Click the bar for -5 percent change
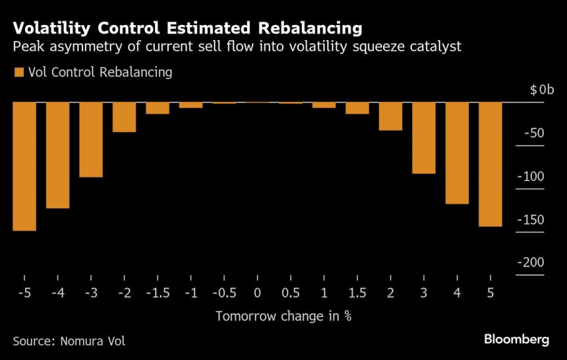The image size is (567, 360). pyautogui.click(x=24, y=166)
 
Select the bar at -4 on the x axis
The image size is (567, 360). pyautogui.click(x=57, y=155)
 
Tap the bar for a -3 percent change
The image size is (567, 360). pyautogui.click(x=91, y=139)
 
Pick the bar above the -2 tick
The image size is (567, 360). pyautogui.click(x=124, y=117)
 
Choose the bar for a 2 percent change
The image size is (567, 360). pyautogui.click(x=390, y=116)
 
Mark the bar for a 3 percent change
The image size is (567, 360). pyautogui.click(x=424, y=138)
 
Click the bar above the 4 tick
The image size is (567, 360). pyautogui.click(x=457, y=153)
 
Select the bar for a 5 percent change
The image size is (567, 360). pyautogui.click(x=491, y=164)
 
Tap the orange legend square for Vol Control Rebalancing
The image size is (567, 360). pyautogui.click(x=18, y=72)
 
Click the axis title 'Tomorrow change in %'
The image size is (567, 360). pyautogui.click(x=283, y=316)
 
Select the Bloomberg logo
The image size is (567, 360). pyautogui.click(x=516, y=340)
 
